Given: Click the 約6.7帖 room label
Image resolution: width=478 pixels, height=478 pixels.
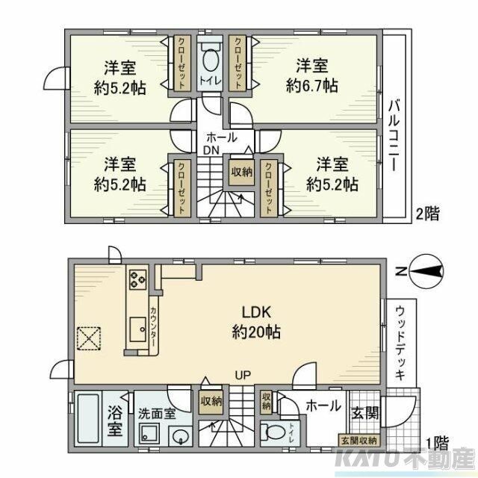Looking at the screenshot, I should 312,75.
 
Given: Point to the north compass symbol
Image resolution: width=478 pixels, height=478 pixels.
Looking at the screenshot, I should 424,271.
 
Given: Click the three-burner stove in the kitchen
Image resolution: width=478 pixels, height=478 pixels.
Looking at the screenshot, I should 137,279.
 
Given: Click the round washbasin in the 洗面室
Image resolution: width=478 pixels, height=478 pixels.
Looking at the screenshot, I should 180,436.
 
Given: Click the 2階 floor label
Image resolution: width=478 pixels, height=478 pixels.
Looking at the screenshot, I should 427,214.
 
